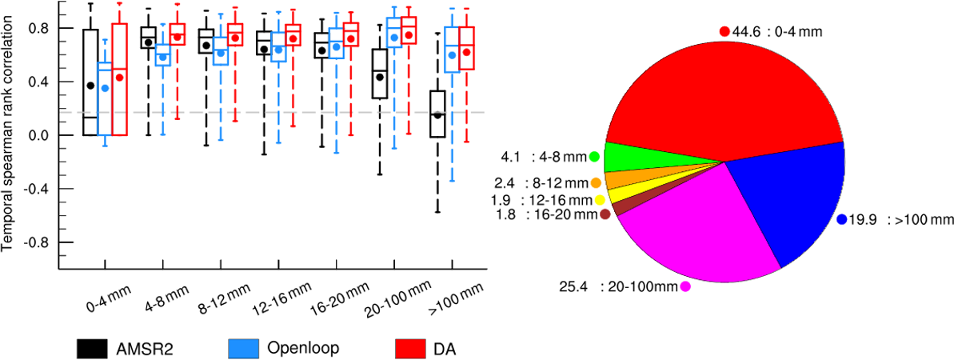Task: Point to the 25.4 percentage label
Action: click(580, 286)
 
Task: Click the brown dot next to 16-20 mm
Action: click(605, 214)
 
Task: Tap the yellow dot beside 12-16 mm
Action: click(600, 199)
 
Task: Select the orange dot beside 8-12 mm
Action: click(597, 183)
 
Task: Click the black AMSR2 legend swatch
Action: click(93, 348)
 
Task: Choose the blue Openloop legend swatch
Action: click(245, 348)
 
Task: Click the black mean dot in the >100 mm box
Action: click(437, 115)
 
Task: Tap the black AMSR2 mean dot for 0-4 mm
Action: click(91, 85)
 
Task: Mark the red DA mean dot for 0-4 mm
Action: click(120, 78)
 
